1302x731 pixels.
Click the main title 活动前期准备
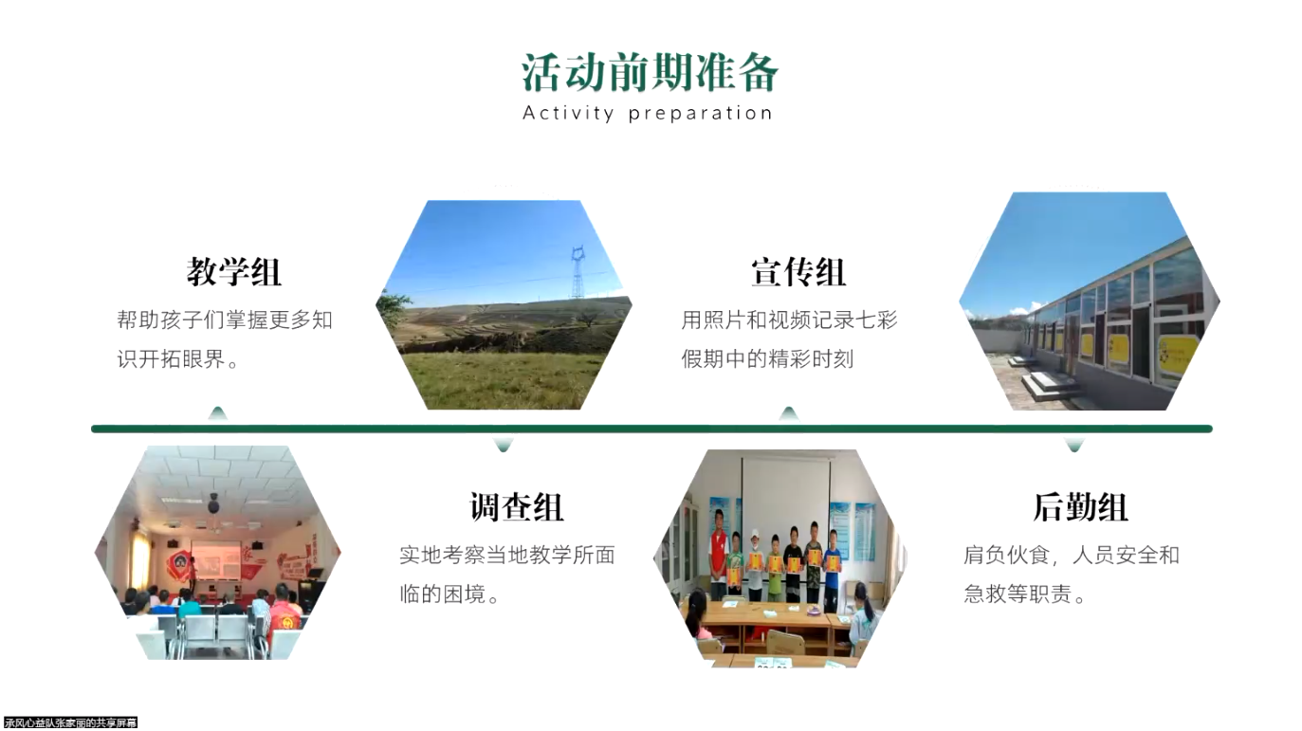pos(650,73)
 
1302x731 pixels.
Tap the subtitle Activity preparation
pos(648,113)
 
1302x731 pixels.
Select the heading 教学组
pos(233,272)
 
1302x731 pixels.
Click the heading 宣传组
pos(798,272)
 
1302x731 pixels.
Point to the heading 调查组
pos(516,507)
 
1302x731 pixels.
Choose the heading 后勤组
pos(1080,507)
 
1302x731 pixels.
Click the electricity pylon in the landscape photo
pos(578,272)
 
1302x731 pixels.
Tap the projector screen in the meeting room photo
pos(215,559)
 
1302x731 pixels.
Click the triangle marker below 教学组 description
pos(218,413)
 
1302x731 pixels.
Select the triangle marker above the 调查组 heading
pos(504,445)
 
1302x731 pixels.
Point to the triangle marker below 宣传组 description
pos(789,413)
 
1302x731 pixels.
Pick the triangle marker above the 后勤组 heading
pos(1073,445)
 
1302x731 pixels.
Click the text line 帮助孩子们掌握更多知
pos(225,320)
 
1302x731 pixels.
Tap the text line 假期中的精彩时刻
pos(767,359)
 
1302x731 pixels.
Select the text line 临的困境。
pos(449,594)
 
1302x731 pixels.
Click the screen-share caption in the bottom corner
pos(70,722)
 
